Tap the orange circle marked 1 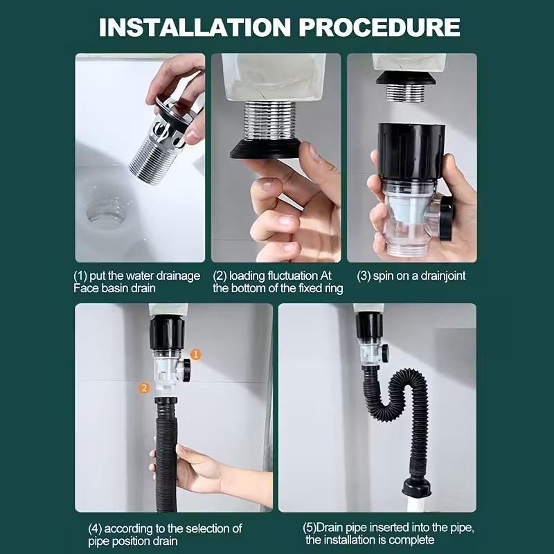tap(196, 354)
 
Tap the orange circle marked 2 tap(144, 388)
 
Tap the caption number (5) tap(311, 528)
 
